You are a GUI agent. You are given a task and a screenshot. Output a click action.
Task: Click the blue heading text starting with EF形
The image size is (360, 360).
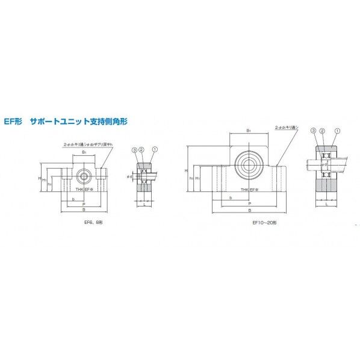66,121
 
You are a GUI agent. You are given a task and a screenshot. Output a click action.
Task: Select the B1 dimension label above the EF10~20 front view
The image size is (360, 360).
248,130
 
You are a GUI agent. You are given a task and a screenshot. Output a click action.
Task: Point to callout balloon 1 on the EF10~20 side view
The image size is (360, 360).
337,131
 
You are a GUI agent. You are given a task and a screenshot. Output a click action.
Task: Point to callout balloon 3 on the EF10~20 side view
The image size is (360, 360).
314,131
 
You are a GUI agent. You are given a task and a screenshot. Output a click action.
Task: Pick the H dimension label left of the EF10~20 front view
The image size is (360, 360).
186,171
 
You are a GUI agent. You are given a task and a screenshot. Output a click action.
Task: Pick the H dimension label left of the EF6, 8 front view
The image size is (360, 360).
38,179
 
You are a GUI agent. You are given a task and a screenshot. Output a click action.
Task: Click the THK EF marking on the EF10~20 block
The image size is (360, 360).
249,190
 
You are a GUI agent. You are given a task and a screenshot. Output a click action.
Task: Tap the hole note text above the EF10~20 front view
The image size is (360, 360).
287,127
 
